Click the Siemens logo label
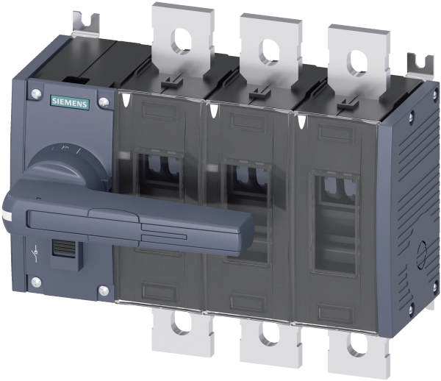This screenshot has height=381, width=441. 70,103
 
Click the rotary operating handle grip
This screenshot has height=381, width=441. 128,223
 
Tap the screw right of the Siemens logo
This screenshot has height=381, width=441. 104,102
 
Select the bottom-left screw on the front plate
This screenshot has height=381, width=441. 36,282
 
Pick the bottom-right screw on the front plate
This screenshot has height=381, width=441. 104,291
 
